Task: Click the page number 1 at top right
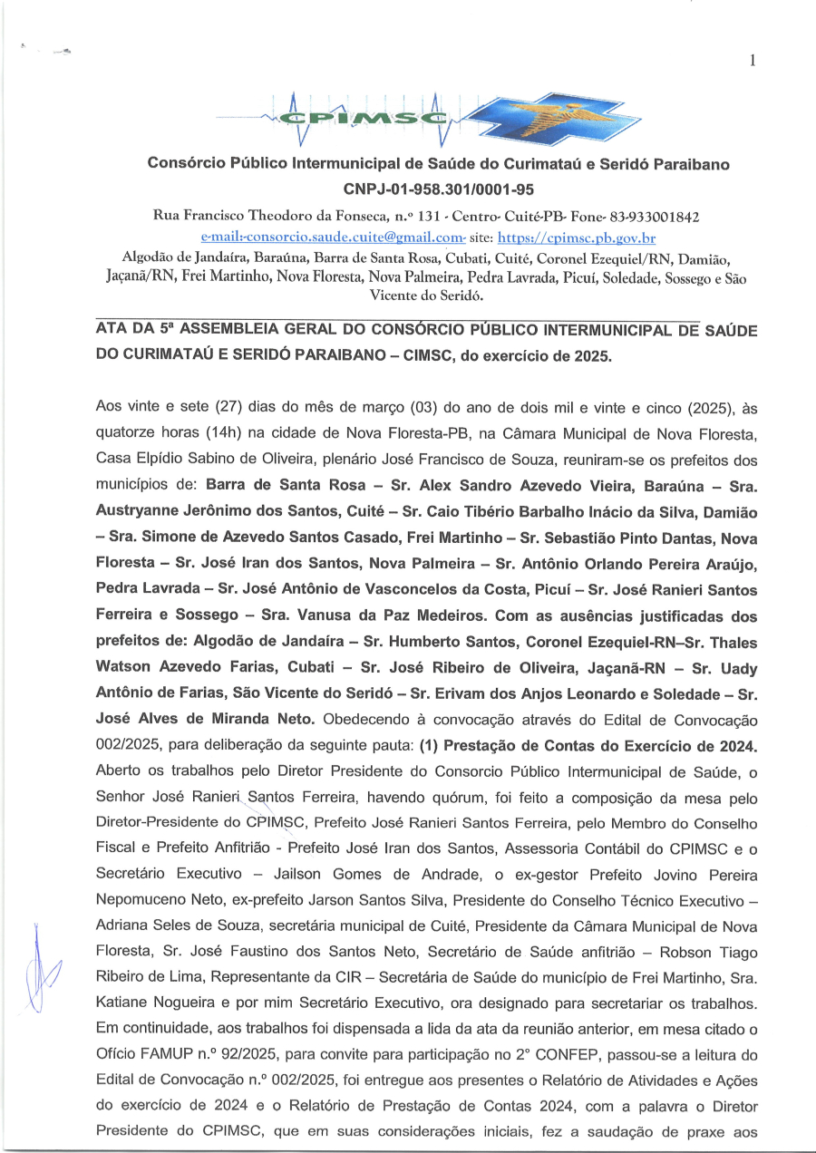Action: pos(753,61)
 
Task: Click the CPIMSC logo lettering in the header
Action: pos(367,119)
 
